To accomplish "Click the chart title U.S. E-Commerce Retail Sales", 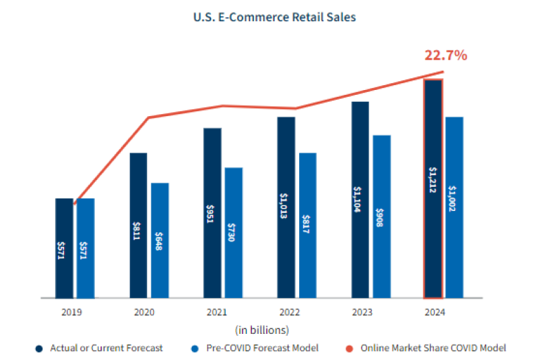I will click(x=274, y=17).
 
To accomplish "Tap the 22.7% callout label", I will click(x=445, y=55).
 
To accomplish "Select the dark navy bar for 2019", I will click(x=64, y=248).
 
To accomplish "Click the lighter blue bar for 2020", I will click(x=159, y=240).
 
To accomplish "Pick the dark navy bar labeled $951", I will click(x=212, y=213).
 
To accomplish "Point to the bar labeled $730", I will click(x=234, y=233).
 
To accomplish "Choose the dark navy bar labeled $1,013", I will click(x=286, y=207).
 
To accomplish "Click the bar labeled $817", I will click(x=307, y=225).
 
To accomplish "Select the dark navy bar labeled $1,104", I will click(x=360, y=200).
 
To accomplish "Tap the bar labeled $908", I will click(x=382, y=216).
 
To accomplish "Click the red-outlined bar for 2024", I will click(x=433, y=189).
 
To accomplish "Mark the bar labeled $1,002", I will click(x=454, y=207).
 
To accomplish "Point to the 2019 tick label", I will click(x=71, y=313).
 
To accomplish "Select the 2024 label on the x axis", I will click(x=434, y=313).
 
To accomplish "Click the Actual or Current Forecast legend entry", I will click(x=105, y=348).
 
